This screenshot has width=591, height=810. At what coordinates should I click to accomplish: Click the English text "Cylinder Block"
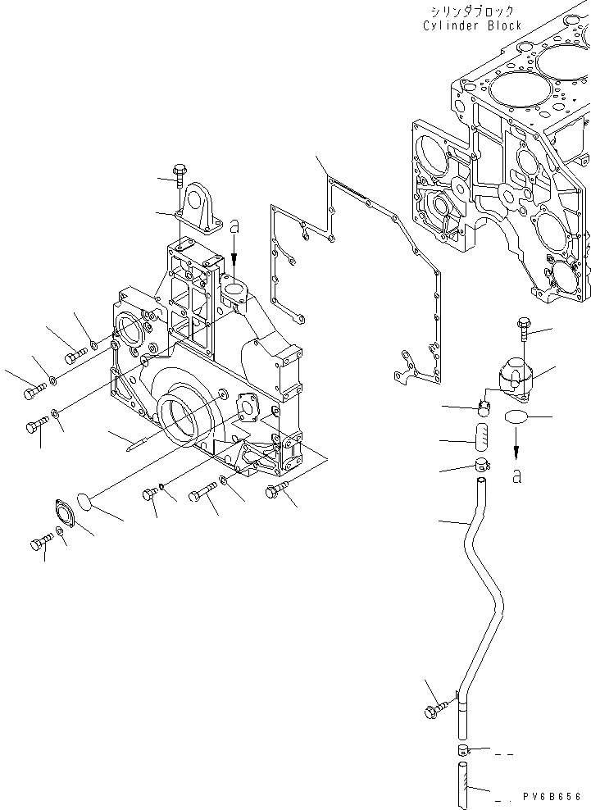[472, 25]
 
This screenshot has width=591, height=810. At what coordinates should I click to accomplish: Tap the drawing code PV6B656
[552, 796]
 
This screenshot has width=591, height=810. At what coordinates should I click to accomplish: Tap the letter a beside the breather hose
[516, 475]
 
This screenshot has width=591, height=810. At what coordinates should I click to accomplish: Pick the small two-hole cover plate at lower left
[65, 513]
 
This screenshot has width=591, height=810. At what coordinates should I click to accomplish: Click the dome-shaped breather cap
[514, 373]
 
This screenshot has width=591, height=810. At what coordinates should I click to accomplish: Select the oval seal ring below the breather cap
[514, 417]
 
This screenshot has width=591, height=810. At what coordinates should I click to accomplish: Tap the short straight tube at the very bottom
[463, 784]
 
